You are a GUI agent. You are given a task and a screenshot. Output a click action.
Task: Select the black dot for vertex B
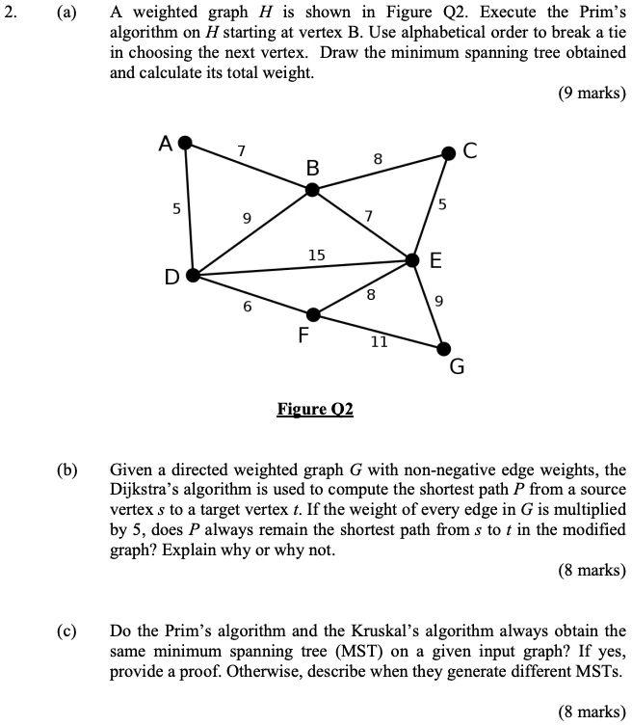point(311,190)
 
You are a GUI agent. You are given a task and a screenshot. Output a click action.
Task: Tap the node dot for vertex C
point(448,152)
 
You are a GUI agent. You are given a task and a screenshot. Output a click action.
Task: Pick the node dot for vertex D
point(193,275)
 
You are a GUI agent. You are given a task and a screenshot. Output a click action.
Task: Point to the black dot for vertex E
point(412,260)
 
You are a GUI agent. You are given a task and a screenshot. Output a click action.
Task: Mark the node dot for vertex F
point(312,313)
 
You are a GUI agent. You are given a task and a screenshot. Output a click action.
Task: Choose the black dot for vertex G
point(443,348)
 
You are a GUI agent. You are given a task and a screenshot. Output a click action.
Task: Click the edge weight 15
point(316,255)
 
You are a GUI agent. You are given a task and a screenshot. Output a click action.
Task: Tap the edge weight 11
point(379,341)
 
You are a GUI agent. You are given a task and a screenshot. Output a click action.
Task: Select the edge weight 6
point(248,307)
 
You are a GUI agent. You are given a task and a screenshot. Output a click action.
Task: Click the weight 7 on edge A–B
point(242,150)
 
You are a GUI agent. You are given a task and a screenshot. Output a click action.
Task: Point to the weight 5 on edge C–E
point(442,203)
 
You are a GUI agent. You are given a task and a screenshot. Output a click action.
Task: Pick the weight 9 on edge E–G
point(439,302)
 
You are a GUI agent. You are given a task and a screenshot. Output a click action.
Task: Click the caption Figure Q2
point(315,410)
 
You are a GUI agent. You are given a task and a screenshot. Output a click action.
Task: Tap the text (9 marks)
point(592,94)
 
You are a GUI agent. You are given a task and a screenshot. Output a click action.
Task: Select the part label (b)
point(66,471)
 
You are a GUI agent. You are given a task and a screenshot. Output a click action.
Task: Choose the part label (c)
point(66,631)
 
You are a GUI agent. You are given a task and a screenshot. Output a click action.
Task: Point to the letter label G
point(457,367)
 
